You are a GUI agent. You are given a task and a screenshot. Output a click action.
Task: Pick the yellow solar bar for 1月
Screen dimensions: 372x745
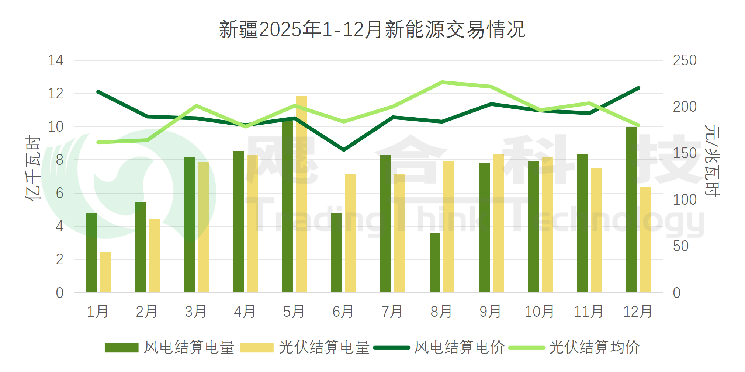[x=105, y=272]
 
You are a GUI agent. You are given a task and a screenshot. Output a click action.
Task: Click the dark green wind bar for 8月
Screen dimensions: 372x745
[x=435, y=263]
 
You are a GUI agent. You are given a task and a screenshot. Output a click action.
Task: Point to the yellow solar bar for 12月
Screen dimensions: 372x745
[x=645, y=240]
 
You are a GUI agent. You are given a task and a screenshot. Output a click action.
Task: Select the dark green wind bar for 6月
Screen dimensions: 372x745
[x=337, y=253]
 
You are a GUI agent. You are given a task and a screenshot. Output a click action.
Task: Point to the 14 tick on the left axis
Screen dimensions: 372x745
[x=56, y=60]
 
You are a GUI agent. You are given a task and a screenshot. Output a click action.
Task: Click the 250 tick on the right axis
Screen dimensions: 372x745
[x=685, y=60]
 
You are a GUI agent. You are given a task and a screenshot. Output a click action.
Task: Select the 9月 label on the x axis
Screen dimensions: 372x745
[x=490, y=312]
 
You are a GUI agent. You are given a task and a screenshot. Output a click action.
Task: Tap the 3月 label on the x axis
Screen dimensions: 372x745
[x=195, y=312]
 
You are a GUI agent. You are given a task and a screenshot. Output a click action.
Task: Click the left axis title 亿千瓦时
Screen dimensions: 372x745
[x=32, y=168]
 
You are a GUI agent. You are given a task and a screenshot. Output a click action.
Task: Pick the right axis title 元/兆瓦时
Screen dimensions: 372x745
[x=712, y=161]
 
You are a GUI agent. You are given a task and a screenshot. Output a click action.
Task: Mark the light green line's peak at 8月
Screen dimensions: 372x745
[x=442, y=82]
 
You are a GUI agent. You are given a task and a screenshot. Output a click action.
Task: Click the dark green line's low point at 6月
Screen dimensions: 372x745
[x=344, y=150]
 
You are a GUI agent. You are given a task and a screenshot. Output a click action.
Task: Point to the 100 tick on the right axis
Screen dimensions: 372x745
[x=685, y=199]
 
